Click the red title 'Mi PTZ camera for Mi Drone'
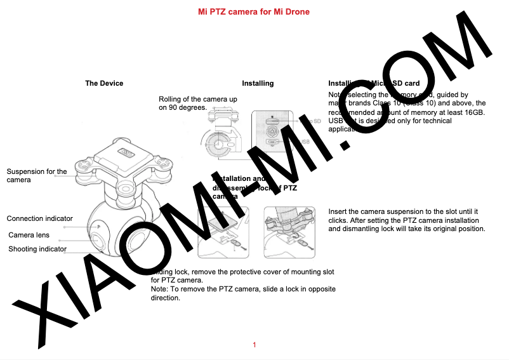click(x=254, y=12)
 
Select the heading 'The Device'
click(x=104, y=83)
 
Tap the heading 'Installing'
click(x=258, y=83)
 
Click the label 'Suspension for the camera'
click(x=36, y=176)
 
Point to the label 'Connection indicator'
click(x=39, y=218)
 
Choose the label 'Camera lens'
click(x=29, y=235)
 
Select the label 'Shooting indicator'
click(x=37, y=249)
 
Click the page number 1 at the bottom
click(x=254, y=345)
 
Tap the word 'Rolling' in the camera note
click(x=171, y=99)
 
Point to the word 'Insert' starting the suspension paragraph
click(x=338, y=211)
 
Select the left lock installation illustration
click(x=223, y=232)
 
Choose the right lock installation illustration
click(x=289, y=232)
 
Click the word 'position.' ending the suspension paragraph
click(x=470, y=229)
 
